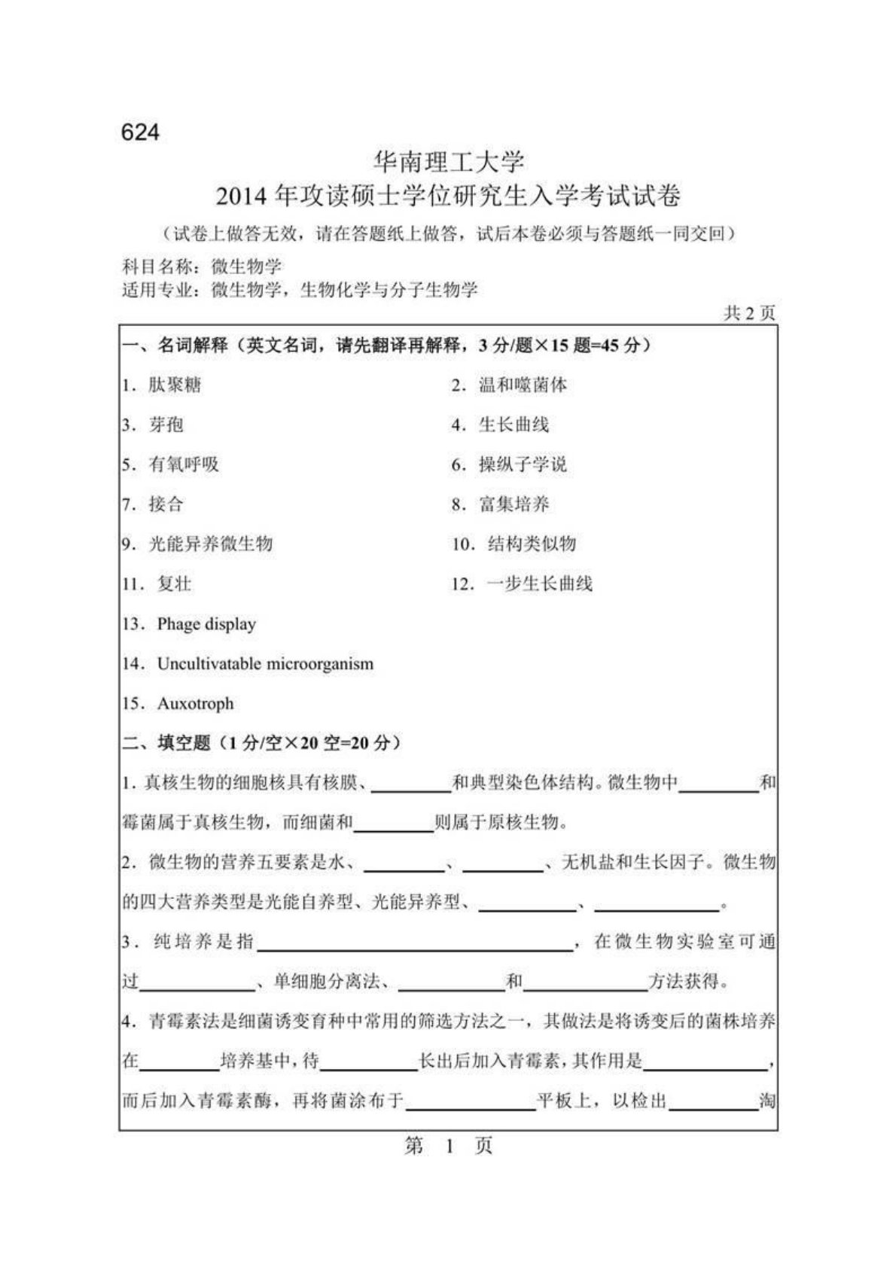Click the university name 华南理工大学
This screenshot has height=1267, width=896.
pos(449,162)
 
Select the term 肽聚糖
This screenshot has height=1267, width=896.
pos(175,385)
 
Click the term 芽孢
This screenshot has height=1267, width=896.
pos(166,425)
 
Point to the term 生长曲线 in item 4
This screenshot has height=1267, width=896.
pos(514,425)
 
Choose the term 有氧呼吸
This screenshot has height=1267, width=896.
pos(184,464)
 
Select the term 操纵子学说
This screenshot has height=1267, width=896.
pos(523,464)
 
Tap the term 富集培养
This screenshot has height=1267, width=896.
pos(514,504)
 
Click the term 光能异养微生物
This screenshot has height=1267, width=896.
pos(210,544)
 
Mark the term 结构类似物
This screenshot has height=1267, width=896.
pos(532,544)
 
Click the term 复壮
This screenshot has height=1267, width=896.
pos(175,583)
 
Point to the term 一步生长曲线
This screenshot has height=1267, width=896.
pos(540,583)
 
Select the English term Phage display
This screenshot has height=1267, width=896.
pos(206,624)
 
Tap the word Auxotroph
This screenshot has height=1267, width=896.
pos(196,704)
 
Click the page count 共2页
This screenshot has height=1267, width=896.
pos(748,313)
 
